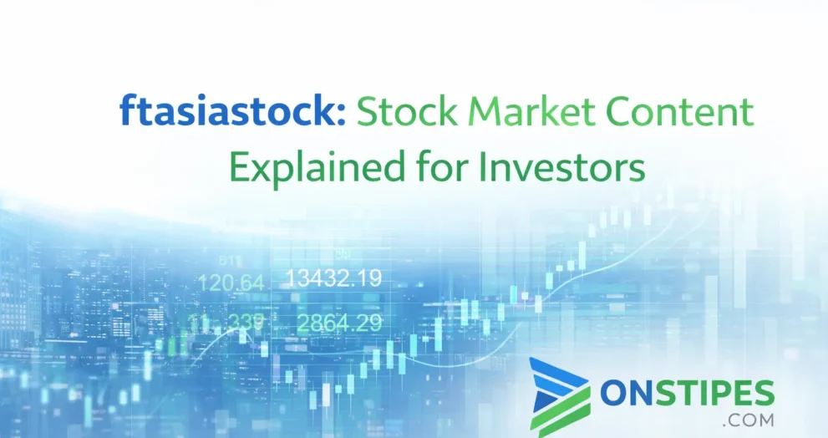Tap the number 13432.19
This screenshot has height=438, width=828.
pos(333,278)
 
